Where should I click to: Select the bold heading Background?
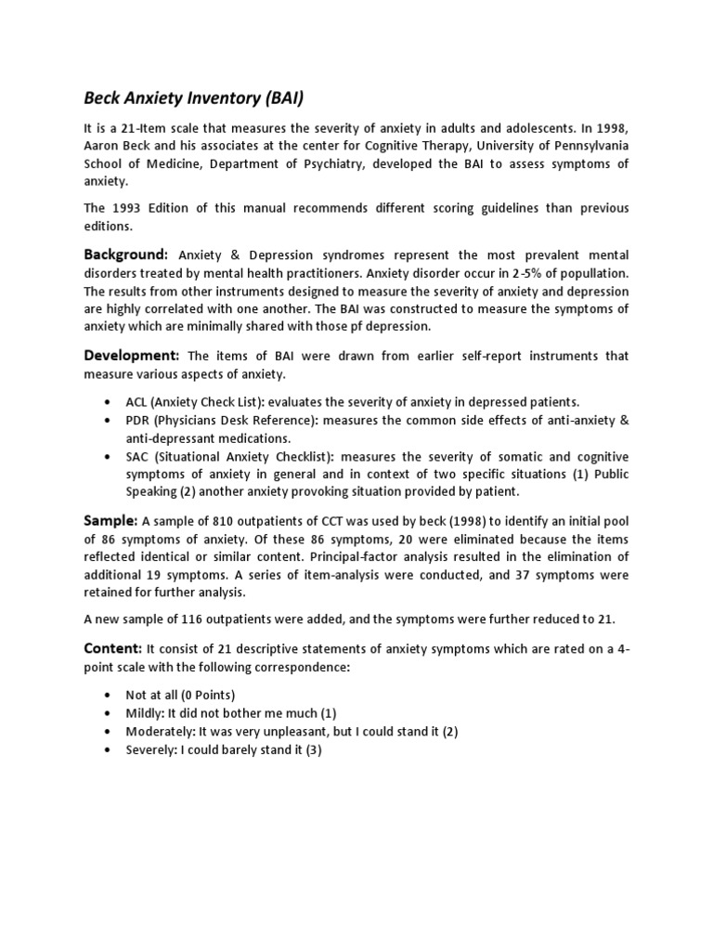[126, 254]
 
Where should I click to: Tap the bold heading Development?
[132, 356]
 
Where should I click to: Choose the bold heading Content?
[113, 648]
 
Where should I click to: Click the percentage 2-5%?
[514, 274]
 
